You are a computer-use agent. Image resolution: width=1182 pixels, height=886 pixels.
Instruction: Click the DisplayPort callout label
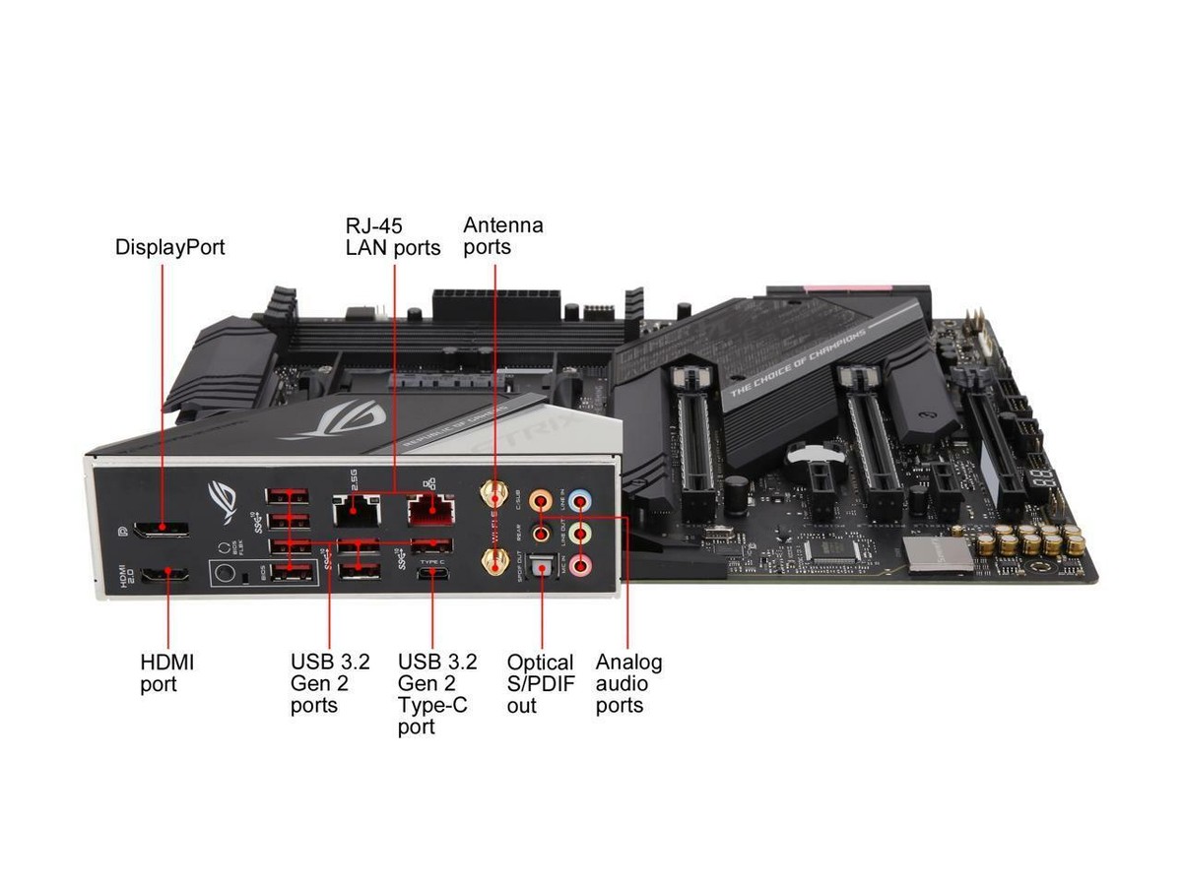pyautogui.click(x=169, y=247)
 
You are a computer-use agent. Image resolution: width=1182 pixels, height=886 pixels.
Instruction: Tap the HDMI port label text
pyautogui.click(x=166, y=673)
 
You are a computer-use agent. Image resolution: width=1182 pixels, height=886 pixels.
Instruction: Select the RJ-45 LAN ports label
pyautogui.click(x=392, y=236)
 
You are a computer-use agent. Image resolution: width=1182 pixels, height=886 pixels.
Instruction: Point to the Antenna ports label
pyautogui.click(x=502, y=235)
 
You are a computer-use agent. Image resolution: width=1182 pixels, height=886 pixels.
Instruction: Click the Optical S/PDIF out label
pyautogui.click(x=539, y=684)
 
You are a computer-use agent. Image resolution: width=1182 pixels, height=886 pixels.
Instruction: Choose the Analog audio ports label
pyautogui.click(x=628, y=684)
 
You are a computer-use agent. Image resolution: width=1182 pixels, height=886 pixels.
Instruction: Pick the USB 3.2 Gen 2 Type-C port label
pyautogui.click(x=432, y=694)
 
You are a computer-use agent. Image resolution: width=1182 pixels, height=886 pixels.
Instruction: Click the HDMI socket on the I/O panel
pyautogui.click(x=166, y=576)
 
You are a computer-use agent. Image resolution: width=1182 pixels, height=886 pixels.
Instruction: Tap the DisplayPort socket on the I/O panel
pyautogui.click(x=163, y=530)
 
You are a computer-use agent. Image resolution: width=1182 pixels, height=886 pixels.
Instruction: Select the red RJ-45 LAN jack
pyautogui.click(x=430, y=510)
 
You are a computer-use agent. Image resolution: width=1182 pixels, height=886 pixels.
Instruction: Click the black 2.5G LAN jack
pyautogui.click(x=358, y=509)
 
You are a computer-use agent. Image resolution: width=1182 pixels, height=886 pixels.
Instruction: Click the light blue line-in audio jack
pyautogui.click(x=581, y=501)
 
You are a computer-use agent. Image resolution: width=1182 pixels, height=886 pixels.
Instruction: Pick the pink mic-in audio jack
pyautogui.click(x=582, y=565)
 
